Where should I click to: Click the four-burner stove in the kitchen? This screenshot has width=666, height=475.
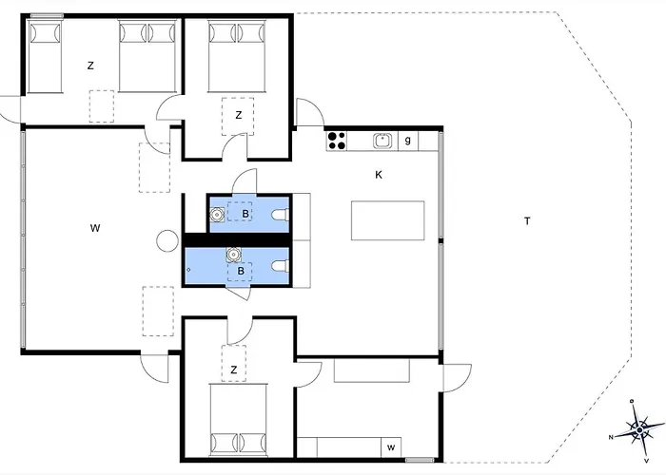point(337,141)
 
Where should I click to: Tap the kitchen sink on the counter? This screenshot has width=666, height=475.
point(382,141)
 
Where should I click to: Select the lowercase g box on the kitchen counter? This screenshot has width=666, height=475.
point(408,141)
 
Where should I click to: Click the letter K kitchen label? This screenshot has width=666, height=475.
point(379,175)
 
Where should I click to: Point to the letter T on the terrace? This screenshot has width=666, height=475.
point(527,221)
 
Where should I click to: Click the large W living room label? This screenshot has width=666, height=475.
point(95,228)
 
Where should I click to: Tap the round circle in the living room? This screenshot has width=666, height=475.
point(167,240)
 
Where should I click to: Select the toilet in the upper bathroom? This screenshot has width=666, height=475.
point(281,215)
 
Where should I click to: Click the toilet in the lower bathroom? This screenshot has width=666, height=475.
point(281,266)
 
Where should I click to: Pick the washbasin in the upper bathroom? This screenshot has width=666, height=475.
point(218,215)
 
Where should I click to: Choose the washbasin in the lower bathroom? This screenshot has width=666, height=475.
point(233,254)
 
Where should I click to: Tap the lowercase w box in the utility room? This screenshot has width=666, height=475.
point(391,447)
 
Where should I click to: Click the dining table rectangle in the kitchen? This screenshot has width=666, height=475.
point(388,220)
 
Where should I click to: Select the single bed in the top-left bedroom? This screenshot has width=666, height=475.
point(45,57)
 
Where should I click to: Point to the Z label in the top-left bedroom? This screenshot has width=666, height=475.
point(90,66)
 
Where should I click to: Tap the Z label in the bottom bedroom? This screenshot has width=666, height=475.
point(234,370)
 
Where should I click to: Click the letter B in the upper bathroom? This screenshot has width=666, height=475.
point(245,214)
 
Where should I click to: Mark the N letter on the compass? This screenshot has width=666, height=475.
point(611,437)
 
